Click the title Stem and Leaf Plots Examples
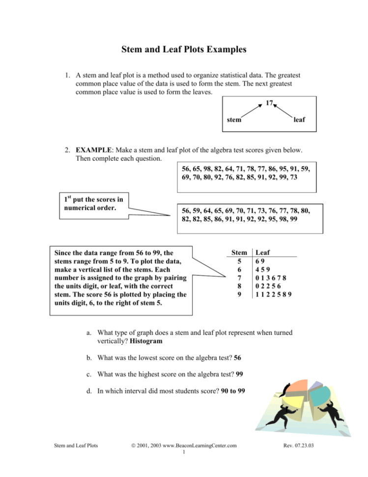pos(184,50)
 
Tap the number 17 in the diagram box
pos(268,103)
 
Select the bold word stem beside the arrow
pos(233,119)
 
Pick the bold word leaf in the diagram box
pos(299,119)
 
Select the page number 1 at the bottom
pos(183,452)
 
